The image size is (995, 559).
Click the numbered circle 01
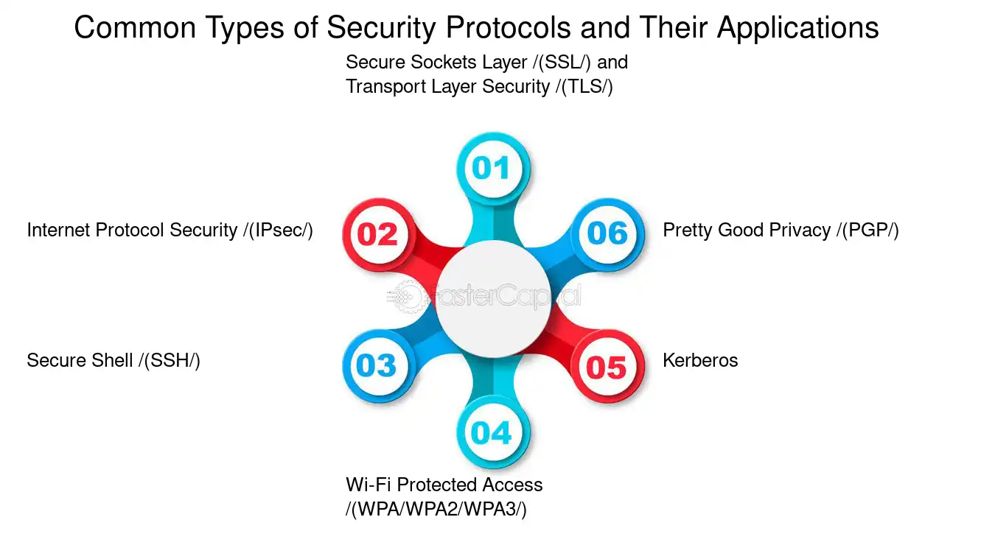click(493, 168)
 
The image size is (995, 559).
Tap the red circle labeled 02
click(378, 234)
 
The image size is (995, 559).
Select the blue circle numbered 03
click(378, 366)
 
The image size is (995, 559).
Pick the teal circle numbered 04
click(493, 432)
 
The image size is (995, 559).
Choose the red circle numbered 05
click(607, 366)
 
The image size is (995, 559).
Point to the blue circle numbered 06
click(607, 234)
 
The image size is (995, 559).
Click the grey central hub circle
click(493, 299)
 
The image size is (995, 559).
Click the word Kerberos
click(700, 360)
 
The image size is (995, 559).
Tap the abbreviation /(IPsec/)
click(278, 231)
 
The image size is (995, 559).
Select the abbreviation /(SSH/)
click(170, 361)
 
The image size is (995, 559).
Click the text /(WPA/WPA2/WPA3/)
click(436, 509)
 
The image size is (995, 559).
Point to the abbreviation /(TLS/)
click(584, 87)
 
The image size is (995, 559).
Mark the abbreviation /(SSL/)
click(562, 62)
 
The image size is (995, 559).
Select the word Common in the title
click(135, 27)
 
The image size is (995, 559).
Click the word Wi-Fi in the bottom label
click(369, 485)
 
